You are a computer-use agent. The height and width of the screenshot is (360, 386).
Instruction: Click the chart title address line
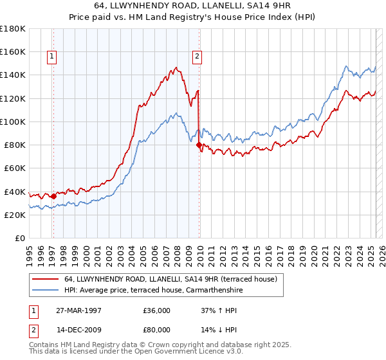pos(193,6)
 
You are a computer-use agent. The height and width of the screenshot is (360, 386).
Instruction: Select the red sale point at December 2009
pos(199,145)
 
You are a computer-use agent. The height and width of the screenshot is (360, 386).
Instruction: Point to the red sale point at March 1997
pos(53,196)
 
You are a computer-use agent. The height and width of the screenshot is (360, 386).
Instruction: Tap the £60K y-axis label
pos(14,168)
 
